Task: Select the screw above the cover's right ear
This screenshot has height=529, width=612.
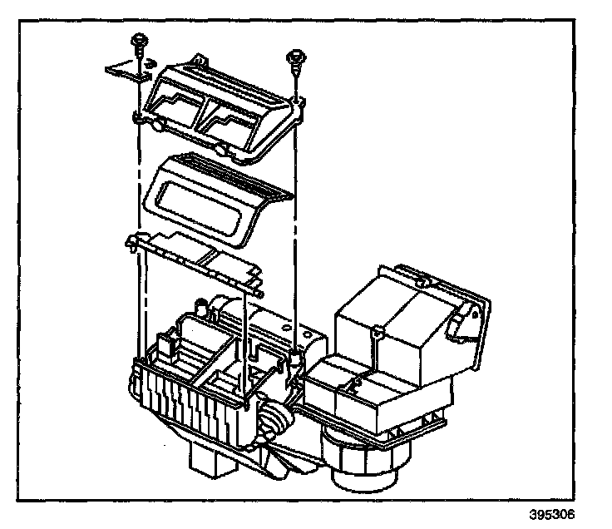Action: pos(293,57)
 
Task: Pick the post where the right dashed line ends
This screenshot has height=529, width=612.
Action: pos(295,358)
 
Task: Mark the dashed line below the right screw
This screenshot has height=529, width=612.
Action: pos(296,208)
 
